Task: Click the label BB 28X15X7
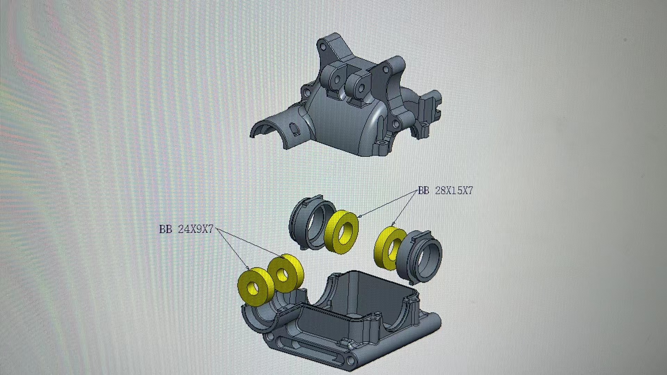[x=445, y=191]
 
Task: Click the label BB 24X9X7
[x=186, y=230]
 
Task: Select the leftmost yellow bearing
[x=256, y=286]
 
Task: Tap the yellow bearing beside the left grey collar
[x=341, y=232]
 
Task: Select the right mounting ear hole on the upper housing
[x=362, y=87]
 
